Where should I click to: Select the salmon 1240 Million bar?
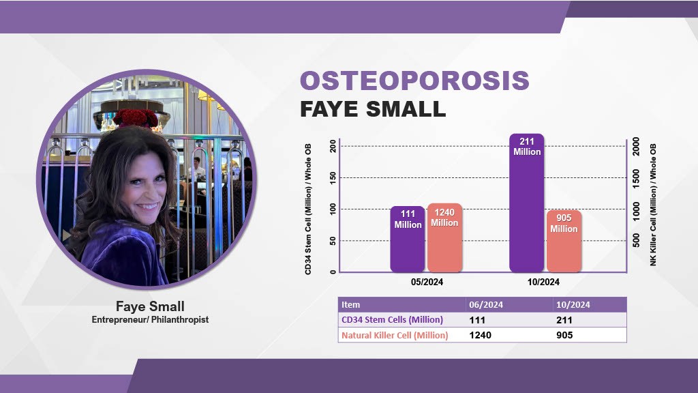[x=444, y=239]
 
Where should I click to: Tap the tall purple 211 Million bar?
[x=526, y=205]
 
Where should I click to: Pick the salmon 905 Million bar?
[x=564, y=242]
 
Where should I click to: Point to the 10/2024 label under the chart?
[x=543, y=282]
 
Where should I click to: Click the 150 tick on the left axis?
[x=332, y=178]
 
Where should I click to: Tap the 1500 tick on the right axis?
[x=635, y=178]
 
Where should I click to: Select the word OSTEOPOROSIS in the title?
[x=414, y=81]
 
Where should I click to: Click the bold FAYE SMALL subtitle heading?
[x=373, y=109]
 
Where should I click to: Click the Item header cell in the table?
[x=351, y=305]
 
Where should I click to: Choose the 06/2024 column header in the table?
[x=485, y=305]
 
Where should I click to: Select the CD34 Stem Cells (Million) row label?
[x=392, y=320]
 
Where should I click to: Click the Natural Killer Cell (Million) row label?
[x=395, y=335]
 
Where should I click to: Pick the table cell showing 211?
[x=565, y=320]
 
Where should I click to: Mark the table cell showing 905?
[x=565, y=335]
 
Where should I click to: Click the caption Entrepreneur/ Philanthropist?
[x=150, y=319]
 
